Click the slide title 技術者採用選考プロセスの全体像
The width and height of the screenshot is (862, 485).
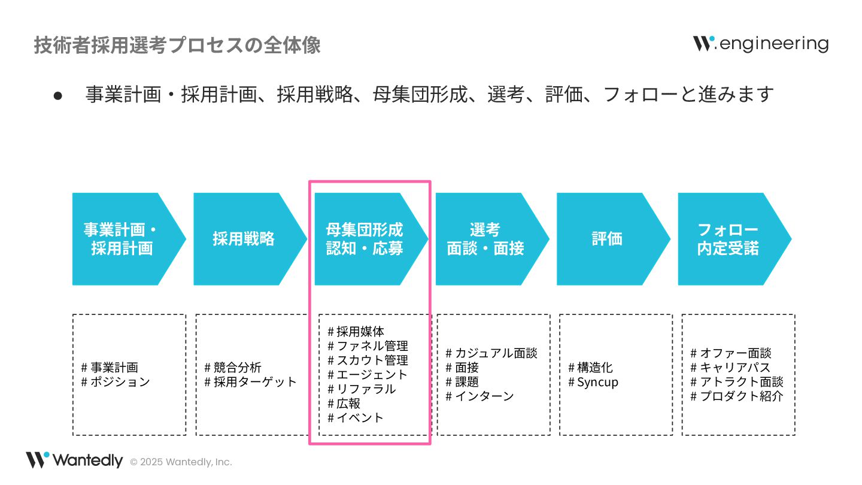click(x=177, y=46)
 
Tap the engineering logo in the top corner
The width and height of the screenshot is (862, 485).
click(x=761, y=44)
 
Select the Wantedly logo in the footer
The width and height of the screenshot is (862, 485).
click(x=74, y=460)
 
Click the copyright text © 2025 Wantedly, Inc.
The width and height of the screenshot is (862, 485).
click(x=181, y=462)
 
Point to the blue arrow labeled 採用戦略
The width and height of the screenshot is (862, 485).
click(x=244, y=239)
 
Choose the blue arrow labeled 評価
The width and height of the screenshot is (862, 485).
click(x=607, y=239)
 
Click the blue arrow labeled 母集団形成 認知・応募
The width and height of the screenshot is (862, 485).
click(x=365, y=239)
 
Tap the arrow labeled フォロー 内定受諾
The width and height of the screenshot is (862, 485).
click(x=728, y=239)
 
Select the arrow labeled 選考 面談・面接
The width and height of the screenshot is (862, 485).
click(x=485, y=239)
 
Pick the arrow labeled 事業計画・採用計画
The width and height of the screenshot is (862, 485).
click(x=122, y=239)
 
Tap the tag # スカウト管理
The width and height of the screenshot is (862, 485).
click(x=368, y=360)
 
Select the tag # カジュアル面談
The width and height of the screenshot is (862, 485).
click(x=491, y=353)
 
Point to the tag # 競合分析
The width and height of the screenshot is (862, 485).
click(x=233, y=368)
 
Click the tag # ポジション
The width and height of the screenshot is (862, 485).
click(x=116, y=382)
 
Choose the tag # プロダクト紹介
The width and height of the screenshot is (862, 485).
click(x=737, y=396)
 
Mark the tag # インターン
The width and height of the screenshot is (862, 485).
click(x=480, y=396)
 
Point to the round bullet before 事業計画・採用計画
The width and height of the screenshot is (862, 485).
click(x=58, y=95)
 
